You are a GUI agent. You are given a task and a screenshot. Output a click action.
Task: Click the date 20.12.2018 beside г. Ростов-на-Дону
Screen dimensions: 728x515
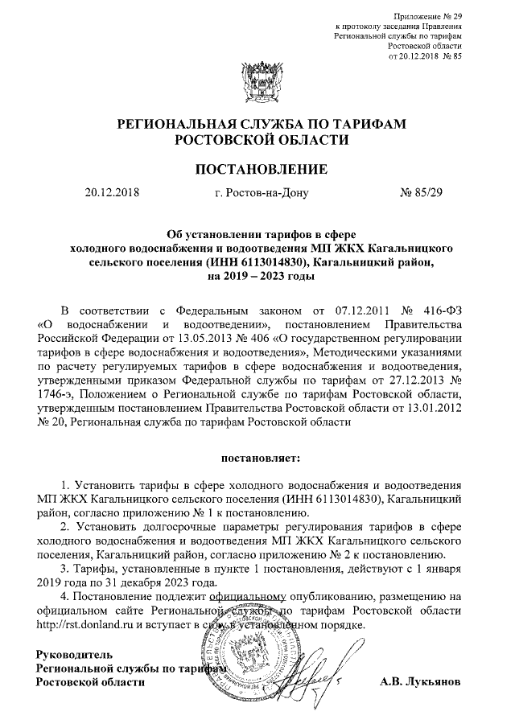coord(112,193)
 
